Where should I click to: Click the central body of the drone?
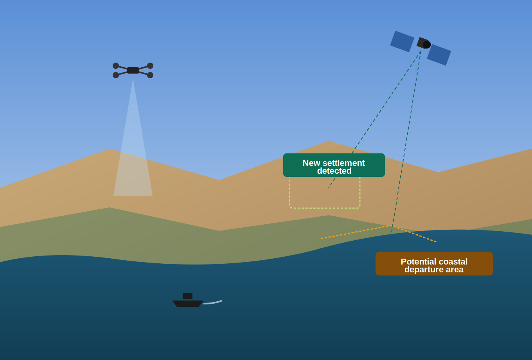point(133,70)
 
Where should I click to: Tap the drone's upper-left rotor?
point(116,66)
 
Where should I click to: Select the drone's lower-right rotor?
point(150,75)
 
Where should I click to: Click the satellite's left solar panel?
point(402,41)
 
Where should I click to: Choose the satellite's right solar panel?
point(439,55)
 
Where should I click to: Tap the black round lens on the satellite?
point(427,45)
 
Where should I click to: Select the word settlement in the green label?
point(344,163)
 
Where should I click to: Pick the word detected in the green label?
point(334,171)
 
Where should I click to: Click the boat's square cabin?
point(188,296)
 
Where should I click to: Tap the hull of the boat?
point(188,304)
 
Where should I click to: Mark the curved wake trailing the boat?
point(213,303)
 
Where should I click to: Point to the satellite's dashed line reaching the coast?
point(406,142)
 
